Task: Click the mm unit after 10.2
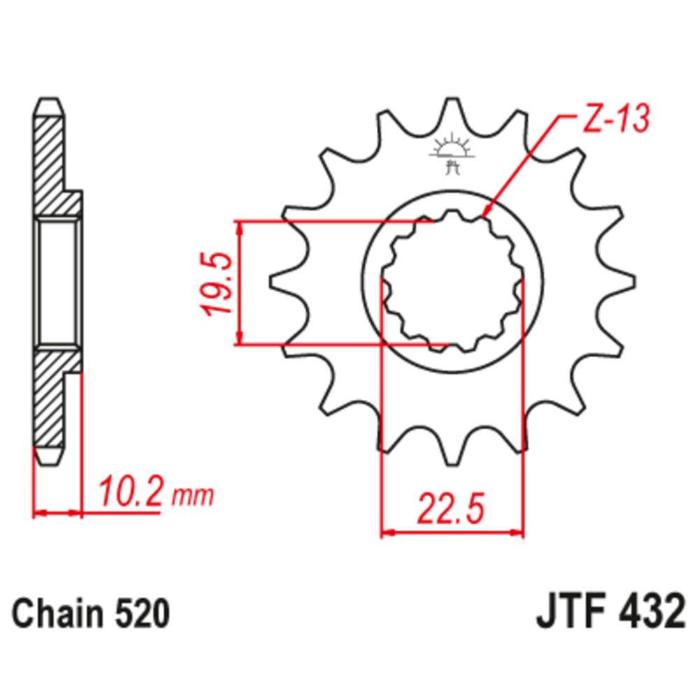pyautogui.click(x=192, y=497)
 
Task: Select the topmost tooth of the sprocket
pyautogui.click(x=452, y=112)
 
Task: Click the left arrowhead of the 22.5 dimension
pyautogui.click(x=385, y=533)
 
